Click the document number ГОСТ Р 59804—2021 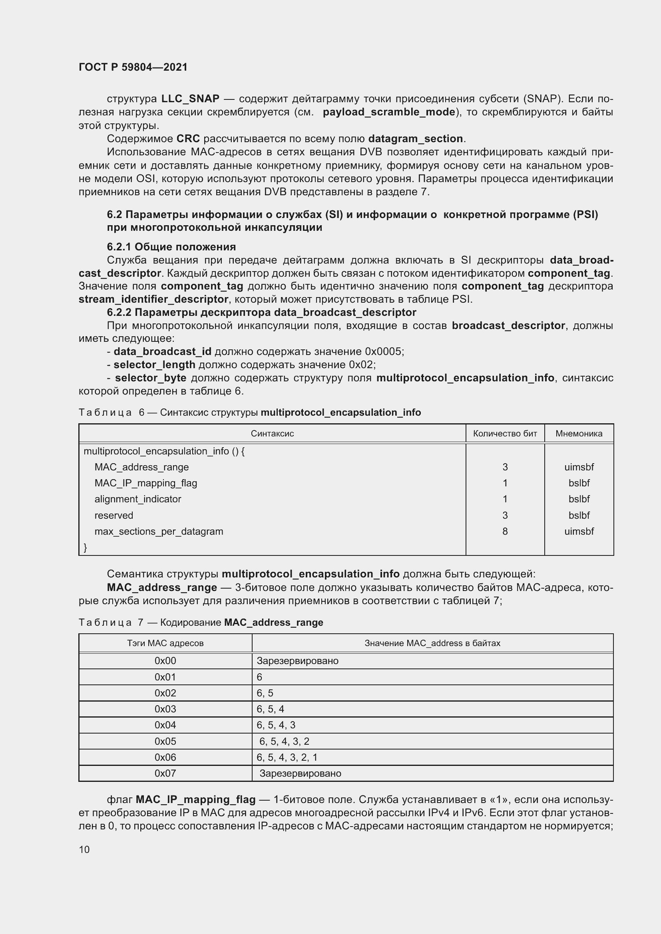[133, 67]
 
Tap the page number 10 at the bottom [84, 849]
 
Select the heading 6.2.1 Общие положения [171, 247]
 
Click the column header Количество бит [505, 434]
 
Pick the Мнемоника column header [578, 434]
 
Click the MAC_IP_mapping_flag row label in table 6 [146, 483]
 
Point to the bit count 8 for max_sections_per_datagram [505, 531]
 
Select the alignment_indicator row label [137, 499]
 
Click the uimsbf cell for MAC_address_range [578, 468]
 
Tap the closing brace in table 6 [86, 547]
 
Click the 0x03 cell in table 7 [165, 709]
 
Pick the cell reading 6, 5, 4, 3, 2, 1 [287, 758]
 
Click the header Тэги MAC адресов [165, 643]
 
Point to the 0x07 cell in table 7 [165, 773]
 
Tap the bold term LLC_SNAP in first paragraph [190, 99]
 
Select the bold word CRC [188, 139]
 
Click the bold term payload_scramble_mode [389, 112]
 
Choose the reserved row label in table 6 [113, 516]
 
